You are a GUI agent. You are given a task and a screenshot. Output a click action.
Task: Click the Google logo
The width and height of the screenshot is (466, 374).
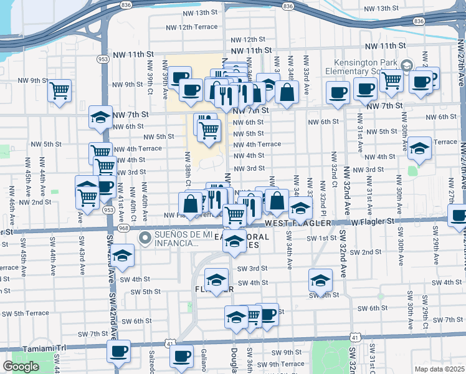point(21,367)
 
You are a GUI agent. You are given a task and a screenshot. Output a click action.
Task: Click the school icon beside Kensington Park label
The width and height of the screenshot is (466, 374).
point(407,65)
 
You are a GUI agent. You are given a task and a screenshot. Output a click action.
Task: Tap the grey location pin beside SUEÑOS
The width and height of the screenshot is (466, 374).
point(145,237)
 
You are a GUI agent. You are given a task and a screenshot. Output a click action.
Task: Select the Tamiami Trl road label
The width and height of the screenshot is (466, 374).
point(22,347)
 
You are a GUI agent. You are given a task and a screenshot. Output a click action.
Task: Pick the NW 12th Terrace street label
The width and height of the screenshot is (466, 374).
point(192,27)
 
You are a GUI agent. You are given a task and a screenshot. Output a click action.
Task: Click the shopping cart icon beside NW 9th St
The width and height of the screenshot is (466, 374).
point(59,90)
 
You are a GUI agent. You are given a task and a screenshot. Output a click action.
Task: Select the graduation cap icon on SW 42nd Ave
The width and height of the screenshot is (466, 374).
point(123,255)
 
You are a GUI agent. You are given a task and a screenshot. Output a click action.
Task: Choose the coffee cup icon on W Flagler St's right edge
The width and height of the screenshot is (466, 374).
point(459,216)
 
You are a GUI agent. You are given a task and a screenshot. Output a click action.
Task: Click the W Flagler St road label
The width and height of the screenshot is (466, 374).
point(373,221)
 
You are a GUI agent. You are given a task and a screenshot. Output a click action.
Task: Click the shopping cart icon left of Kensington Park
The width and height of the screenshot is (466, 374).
point(391,79)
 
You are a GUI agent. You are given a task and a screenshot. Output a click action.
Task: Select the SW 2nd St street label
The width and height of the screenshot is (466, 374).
point(364,252)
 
